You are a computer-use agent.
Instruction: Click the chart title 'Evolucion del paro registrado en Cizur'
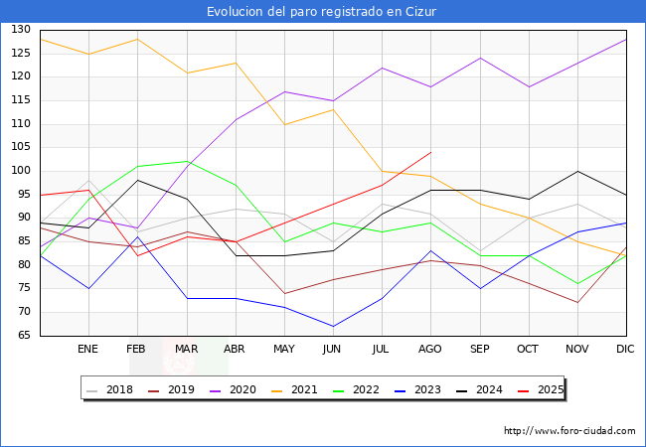click(x=322, y=12)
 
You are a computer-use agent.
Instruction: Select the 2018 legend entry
click(x=112, y=389)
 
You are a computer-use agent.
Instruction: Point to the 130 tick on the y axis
click(x=21, y=30)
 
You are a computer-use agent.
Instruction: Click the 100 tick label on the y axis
click(x=21, y=171)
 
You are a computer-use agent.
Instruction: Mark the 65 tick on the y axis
click(x=21, y=336)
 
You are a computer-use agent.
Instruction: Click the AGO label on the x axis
click(x=430, y=350)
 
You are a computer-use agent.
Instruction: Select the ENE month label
click(x=88, y=350)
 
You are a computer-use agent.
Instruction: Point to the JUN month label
click(x=333, y=350)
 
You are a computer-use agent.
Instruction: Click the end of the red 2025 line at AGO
click(x=430, y=152)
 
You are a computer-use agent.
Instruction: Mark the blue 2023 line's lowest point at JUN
click(x=333, y=326)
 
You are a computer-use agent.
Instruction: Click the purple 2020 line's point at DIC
click(x=626, y=39)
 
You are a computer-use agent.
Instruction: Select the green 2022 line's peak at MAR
click(x=186, y=161)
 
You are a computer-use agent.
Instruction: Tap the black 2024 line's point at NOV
click(x=577, y=171)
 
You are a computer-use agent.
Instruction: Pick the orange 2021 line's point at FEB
click(x=137, y=39)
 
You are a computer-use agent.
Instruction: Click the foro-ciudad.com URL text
click(x=569, y=431)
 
